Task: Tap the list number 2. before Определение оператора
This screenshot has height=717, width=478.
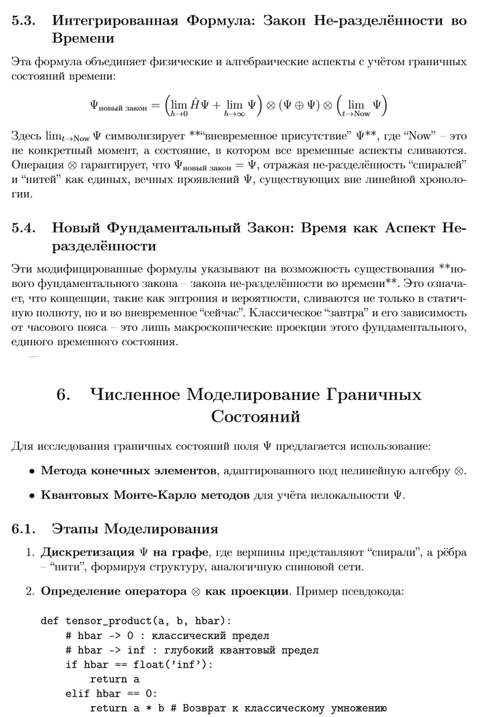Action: [x=30, y=590]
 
